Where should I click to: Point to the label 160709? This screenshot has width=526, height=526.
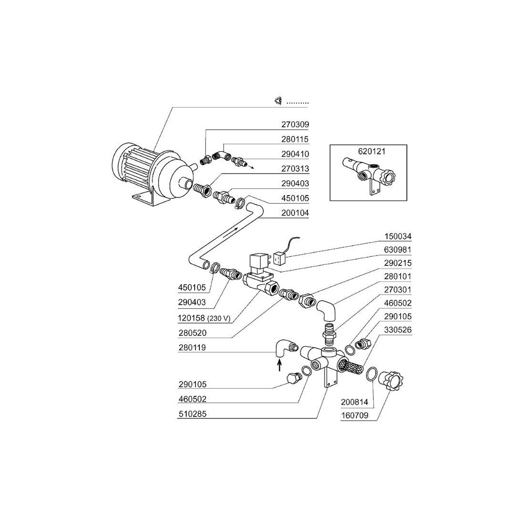(354, 415)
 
